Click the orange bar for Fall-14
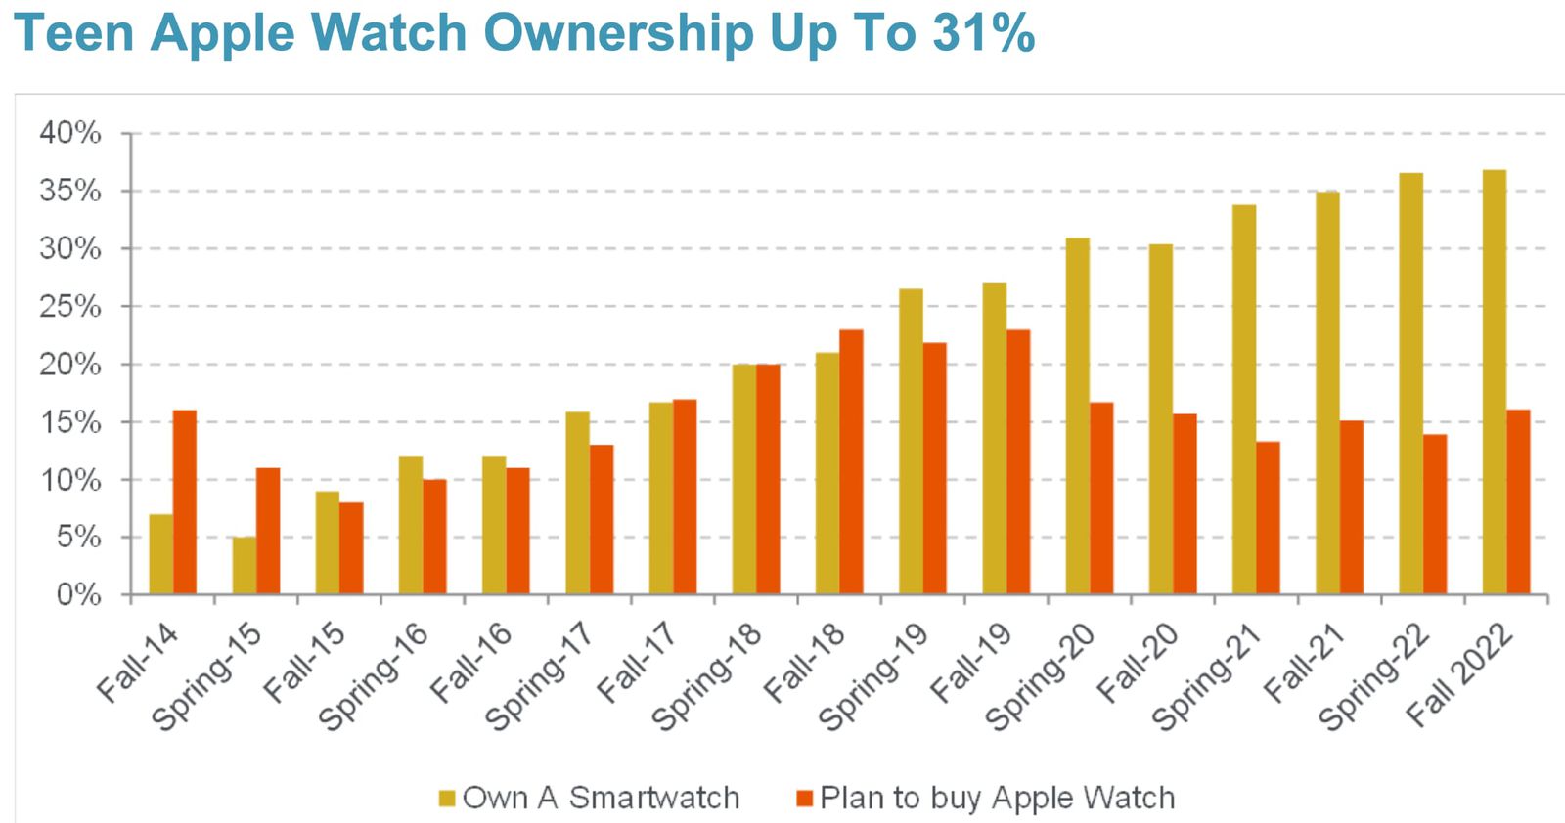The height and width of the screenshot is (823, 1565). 185,502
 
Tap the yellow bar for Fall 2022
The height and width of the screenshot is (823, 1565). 1495,382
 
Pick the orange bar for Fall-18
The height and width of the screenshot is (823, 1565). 851,462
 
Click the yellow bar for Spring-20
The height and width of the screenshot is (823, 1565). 1077,416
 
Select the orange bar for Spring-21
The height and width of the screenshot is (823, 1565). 1268,518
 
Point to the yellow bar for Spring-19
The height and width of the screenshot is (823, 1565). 911,442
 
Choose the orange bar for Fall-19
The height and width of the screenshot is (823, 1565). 1018,462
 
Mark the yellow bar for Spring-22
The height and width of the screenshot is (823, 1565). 1410,384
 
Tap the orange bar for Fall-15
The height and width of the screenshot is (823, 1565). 351,548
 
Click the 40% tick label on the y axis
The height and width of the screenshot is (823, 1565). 70,133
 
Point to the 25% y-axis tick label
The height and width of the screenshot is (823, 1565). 70,307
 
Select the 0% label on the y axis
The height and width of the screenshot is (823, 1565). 78,595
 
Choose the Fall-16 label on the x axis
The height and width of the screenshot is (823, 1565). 471,663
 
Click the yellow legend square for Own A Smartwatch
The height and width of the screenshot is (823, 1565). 447,799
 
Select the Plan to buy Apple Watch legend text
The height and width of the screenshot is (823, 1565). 997,798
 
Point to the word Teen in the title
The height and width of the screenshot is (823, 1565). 74,32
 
